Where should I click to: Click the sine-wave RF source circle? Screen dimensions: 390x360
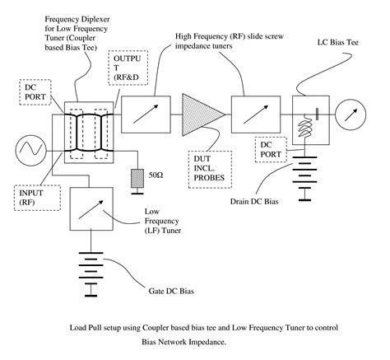pos(30,151)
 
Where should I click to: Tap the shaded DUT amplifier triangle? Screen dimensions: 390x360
pos(200,115)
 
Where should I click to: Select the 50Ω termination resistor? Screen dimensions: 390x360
pos(137,179)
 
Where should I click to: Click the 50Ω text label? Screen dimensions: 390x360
pos(156,175)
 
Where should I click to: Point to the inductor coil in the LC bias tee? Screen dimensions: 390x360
pos(304,127)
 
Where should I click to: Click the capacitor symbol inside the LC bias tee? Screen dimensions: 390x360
pos(317,114)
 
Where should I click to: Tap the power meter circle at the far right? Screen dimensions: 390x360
pos(351,115)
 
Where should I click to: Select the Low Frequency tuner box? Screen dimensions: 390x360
pos(91,208)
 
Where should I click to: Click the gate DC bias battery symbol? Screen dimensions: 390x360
pos(91,274)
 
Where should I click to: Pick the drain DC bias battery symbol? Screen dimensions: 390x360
pos(304,179)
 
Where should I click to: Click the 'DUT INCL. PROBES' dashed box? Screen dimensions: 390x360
pos(210,170)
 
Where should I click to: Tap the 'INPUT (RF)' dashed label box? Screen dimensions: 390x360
pos(37,198)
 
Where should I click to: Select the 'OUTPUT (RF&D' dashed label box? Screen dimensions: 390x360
pos(128,68)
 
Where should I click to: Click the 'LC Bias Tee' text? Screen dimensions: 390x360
pos(338,43)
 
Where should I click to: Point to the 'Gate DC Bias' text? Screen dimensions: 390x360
pos(171,291)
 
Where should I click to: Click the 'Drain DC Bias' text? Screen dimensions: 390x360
pos(254,202)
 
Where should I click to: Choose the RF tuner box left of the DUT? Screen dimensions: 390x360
pos(146,115)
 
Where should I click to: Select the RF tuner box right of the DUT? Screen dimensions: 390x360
pos(256,115)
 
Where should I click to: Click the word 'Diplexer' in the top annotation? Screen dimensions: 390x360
pos(94,20)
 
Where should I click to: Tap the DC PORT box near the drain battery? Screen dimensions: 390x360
pos(271,149)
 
